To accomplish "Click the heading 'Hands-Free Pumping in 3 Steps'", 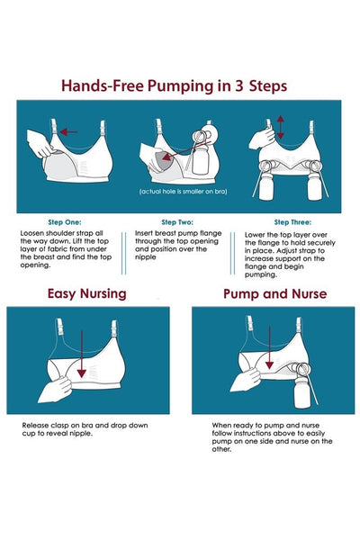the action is coord(174,86).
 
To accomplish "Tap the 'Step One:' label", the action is coord(65,222).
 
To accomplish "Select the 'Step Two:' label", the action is coord(177,222).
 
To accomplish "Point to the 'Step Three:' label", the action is coord(292,222).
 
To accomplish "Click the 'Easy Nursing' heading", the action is coord(86,293).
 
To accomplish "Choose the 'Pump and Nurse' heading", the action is coord(274,293).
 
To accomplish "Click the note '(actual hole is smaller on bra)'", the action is coord(183,191).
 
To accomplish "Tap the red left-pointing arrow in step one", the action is coord(68,131).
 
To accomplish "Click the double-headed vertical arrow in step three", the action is coord(281,127).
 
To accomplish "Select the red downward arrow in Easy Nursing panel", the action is coord(82,354).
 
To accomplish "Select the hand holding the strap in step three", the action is coord(263,137).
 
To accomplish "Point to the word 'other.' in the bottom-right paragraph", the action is coord(222,449).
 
